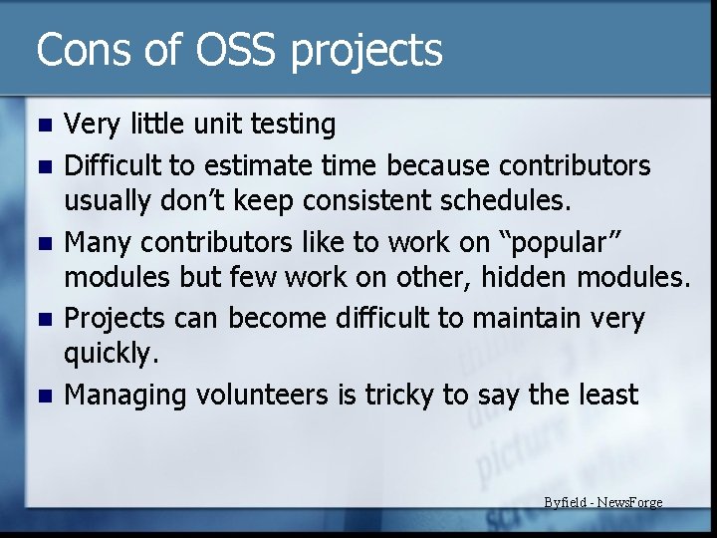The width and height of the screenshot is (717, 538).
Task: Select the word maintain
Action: click(519, 319)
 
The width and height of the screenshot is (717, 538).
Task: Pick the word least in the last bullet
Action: click(606, 396)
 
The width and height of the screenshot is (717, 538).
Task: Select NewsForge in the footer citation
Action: click(630, 502)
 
